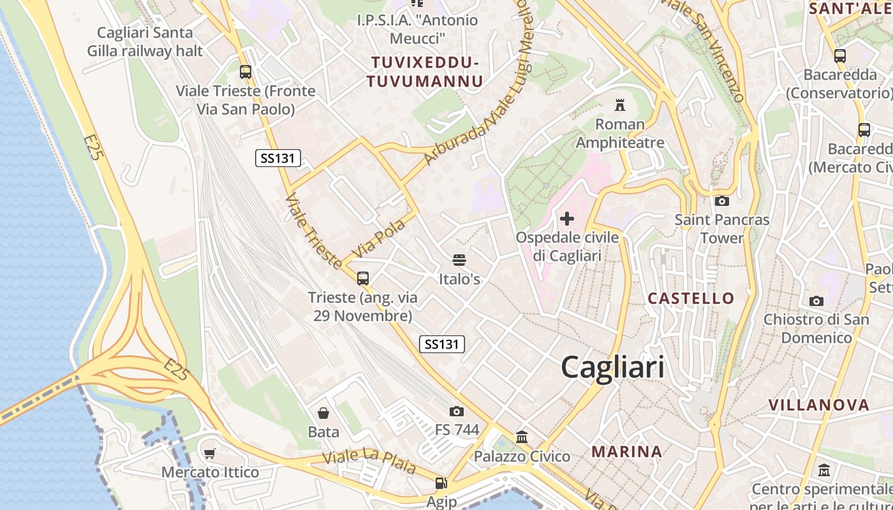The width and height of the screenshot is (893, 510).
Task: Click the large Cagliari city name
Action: click(x=612, y=368)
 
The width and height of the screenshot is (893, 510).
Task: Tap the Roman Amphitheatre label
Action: click(x=620, y=133)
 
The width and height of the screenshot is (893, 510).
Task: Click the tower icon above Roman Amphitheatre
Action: click(x=620, y=105)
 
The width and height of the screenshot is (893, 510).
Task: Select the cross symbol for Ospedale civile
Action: click(x=566, y=219)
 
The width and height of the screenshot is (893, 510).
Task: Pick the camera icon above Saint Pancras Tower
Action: click(x=722, y=201)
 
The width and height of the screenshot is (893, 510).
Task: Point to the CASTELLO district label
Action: click(x=691, y=298)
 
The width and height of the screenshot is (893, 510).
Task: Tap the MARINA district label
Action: click(x=626, y=452)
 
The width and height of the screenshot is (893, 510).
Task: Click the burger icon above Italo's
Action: click(x=459, y=260)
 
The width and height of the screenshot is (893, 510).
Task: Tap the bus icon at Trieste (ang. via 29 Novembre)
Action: click(x=363, y=279)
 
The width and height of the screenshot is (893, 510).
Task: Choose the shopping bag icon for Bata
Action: click(x=323, y=413)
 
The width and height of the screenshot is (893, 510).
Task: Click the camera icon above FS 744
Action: click(x=456, y=412)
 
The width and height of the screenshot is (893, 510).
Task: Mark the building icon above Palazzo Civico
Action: click(x=522, y=437)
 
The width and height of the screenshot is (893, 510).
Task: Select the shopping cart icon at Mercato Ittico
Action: click(x=210, y=454)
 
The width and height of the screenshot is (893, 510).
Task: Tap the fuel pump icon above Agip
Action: click(x=441, y=484)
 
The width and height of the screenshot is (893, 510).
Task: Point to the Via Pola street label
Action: click(x=379, y=239)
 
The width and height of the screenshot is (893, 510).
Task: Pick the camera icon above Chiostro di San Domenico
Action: click(x=816, y=301)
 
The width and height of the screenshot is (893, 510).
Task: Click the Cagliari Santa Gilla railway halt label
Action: click(x=150, y=42)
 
